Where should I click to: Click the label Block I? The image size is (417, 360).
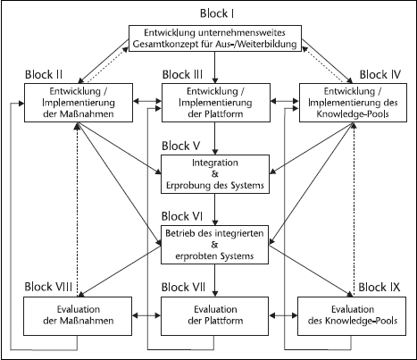(x=217, y=13)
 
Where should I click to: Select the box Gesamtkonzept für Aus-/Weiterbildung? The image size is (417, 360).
(x=215, y=38)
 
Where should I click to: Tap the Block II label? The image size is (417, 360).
(x=44, y=74)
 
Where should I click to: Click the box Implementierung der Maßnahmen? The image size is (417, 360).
(x=79, y=103)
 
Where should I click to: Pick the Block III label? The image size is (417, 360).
(x=182, y=74)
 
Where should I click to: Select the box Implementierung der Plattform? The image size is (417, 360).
(x=216, y=103)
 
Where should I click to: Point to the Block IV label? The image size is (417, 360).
(x=380, y=74)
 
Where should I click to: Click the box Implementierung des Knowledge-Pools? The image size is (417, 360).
(x=353, y=103)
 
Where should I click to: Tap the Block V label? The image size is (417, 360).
(x=181, y=146)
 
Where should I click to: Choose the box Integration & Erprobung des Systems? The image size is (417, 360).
(x=215, y=174)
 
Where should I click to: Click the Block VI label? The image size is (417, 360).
(x=182, y=216)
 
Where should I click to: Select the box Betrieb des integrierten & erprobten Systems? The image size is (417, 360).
(x=214, y=245)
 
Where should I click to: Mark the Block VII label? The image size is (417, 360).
(x=183, y=287)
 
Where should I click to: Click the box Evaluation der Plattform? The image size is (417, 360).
(x=214, y=316)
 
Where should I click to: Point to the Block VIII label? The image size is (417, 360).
(x=48, y=287)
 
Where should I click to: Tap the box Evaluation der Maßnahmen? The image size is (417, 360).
(x=78, y=316)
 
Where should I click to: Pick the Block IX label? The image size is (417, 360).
(x=379, y=287)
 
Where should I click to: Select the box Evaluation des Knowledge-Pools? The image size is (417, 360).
(x=352, y=316)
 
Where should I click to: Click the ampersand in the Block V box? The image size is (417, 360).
(x=215, y=174)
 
